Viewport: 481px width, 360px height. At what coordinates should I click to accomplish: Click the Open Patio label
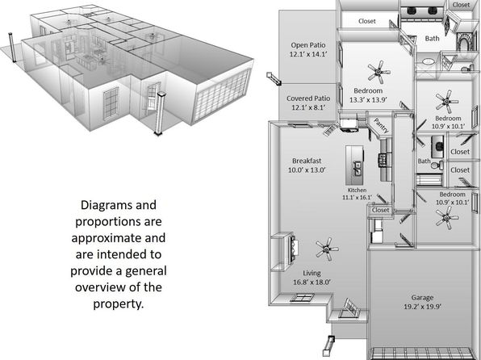pyautogui.click(x=308, y=45)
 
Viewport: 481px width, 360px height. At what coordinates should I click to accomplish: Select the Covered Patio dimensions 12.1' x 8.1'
pyautogui.click(x=308, y=107)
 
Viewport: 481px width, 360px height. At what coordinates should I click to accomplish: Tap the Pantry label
pyautogui.click(x=381, y=126)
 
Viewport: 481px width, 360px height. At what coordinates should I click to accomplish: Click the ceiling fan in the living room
pyautogui.click(x=327, y=249)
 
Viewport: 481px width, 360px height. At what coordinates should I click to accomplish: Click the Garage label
pyautogui.click(x=422, y=298)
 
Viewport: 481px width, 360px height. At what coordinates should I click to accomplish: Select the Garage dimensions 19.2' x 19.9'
pyautogui.click(x=422, y=307)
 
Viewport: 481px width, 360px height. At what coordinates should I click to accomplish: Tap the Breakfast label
pyautogui.click(x=307, y=161)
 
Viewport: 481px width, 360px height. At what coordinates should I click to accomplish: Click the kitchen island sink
pyautogui.click(x=358, y=169)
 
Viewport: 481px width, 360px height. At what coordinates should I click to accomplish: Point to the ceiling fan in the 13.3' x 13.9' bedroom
pyautogui.click(x=379, y=72)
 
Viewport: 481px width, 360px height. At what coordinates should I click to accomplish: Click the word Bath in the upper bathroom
pyautogui.click(x=432, y=39)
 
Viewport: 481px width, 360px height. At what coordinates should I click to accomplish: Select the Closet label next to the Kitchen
pyautogui.click(x=380, y=210)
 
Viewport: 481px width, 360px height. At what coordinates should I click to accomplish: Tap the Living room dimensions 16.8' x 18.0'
pyautogui.click(x=312, y=282)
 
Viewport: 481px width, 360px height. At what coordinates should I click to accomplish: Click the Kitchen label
pyautogui.click(x=357, y=190)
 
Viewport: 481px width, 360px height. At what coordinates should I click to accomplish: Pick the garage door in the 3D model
pyautogui.click(x=223, y=95)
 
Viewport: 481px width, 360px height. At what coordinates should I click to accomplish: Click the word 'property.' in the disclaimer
pyautogui.click(x=119, y=303)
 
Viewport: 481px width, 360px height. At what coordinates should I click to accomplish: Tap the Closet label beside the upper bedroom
pyautogui.click(x=367, y=21)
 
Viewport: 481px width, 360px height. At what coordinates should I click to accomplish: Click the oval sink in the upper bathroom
pyautogui.click(x=428, y=61)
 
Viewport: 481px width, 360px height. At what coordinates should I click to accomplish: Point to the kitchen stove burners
pyautogui.click(x=383, y=160)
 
